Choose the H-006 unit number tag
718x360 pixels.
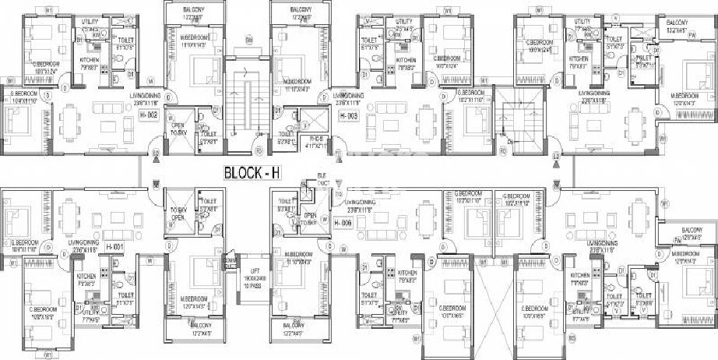344,224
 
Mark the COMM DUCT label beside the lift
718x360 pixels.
230,261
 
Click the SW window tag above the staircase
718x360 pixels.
249,40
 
